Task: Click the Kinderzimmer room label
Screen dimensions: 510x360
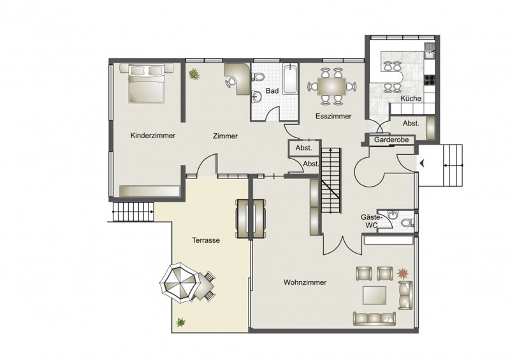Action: coord(153,135)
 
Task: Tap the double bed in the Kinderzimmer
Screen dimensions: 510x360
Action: coord(146,83)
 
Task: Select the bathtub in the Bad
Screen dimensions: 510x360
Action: coord(290,80)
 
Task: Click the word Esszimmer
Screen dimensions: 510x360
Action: coord(333,116)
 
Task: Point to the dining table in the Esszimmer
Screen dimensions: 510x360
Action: coord(331,86)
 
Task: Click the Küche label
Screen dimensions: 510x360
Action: coord(411,98)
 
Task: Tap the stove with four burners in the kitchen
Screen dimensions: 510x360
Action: coord(429,80)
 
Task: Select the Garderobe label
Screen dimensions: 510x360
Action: coord(391,140)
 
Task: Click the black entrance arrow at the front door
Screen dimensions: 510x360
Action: coord(422,163)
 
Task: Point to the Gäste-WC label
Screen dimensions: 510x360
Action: coord(369,221)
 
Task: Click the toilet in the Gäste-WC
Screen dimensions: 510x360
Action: coord(407,223)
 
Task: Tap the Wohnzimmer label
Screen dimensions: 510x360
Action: coord(305,282)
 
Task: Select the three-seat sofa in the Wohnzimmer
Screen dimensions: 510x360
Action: coord(374,319)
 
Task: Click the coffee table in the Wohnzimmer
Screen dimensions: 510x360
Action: coord(374,294)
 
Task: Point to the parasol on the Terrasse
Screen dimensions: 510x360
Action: coord(178,282)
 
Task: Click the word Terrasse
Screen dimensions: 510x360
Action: coord(206,240)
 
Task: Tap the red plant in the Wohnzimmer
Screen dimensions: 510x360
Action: coord(403,273)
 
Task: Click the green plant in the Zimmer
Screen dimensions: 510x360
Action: coord(194,74)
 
